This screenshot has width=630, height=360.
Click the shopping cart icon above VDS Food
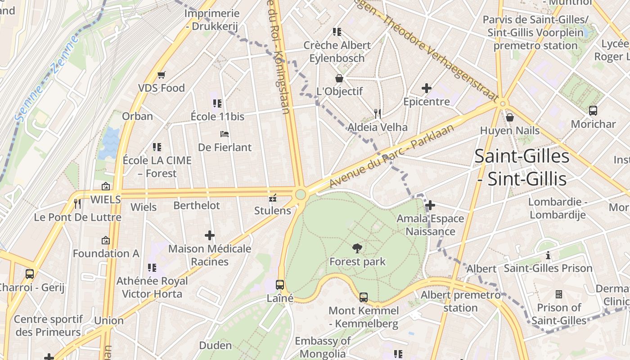pyautogui.click(x=161, y=75)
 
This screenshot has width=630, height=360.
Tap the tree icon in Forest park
pyautogui.click(x=357, y=248)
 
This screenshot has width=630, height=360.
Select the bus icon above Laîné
pyautogui.click(x=280, y=284)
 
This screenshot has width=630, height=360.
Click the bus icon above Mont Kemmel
pyautogui.click(x=364, y=297)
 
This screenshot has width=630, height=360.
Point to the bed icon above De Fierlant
pyautogui.click(x=225, y=134)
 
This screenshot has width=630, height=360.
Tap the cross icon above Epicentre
pyautogui.click(x=426, y=88)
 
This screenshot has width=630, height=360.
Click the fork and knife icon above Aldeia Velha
pyautogui.click(x=378, y=113)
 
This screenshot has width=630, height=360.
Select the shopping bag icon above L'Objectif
pyautogui.click(x=339, y=78)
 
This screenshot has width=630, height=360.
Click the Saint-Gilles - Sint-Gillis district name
pyautogui.click(x=522, y=168)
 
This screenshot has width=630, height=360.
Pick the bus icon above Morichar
pyautogui.click(x=593, y=110)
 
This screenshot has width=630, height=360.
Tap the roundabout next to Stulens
pyautogui.click(x=301, y=195)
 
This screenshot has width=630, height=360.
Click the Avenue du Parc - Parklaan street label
pyautogui.click(x=391, y=156)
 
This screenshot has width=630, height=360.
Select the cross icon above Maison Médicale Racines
pyautogui.click(x=210, y=235)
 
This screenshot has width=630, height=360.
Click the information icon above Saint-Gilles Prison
pyautogui.click(x=548, y=255)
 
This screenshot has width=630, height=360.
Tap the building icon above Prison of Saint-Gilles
pyautogui.click(x=559, y=294)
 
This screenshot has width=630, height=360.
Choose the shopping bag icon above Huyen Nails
pyautogui.click(x=510, y=117)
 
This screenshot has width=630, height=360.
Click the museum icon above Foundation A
pyautogui.click(x=106, y=240)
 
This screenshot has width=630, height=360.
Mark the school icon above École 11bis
pyautogui.click(x=217, y=103)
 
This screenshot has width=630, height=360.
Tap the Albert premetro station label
pyautogui.click(x=460, y=301)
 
